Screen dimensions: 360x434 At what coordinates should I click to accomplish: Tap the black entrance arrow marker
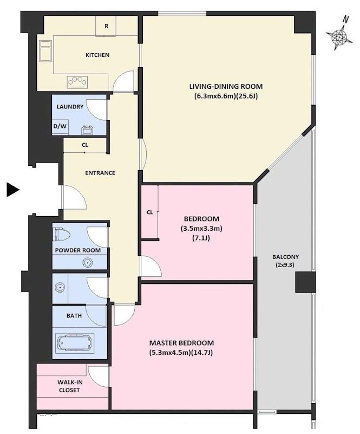click(12, 190)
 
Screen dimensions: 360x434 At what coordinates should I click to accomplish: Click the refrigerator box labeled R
click(106, 26)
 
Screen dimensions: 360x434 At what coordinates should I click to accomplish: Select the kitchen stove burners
click(77, 82)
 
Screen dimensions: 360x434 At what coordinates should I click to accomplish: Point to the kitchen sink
click(45, 51)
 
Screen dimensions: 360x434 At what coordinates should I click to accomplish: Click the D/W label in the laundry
click(60, 126)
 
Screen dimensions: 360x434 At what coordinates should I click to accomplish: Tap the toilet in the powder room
click(61, 235)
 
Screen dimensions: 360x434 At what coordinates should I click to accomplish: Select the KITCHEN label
click(97, 55)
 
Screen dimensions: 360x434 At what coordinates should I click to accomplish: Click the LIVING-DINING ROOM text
click(226, 86)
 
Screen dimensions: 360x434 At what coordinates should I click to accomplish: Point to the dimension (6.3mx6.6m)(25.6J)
click(226, 96)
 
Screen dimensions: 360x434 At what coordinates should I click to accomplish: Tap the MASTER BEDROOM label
click(181, 343)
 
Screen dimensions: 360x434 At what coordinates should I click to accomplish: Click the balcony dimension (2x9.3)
click(285, 265)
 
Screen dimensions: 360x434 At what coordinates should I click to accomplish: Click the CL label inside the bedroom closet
click(149, 212)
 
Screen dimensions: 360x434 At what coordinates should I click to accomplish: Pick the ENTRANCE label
click(100, 173)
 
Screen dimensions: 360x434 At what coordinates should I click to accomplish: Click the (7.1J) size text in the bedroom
click(201, 238)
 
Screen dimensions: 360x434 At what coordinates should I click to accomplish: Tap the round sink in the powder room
click(87, 263)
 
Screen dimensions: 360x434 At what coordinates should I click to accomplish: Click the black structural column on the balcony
click(305, 282)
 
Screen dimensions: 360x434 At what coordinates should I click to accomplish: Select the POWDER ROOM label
click(78, 250)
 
